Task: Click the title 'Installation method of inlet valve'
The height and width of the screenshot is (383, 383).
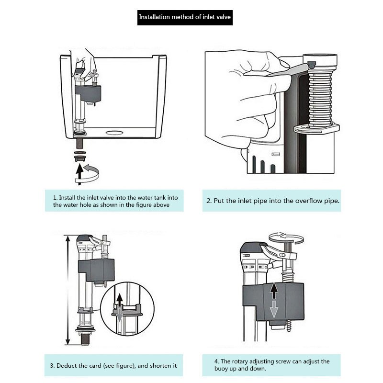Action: (184, 17)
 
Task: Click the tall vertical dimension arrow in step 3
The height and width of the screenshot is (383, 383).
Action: (68, 290)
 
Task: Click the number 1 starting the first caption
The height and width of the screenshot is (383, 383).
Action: (54, 197)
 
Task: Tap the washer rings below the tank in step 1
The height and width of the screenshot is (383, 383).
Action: (80, 154)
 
